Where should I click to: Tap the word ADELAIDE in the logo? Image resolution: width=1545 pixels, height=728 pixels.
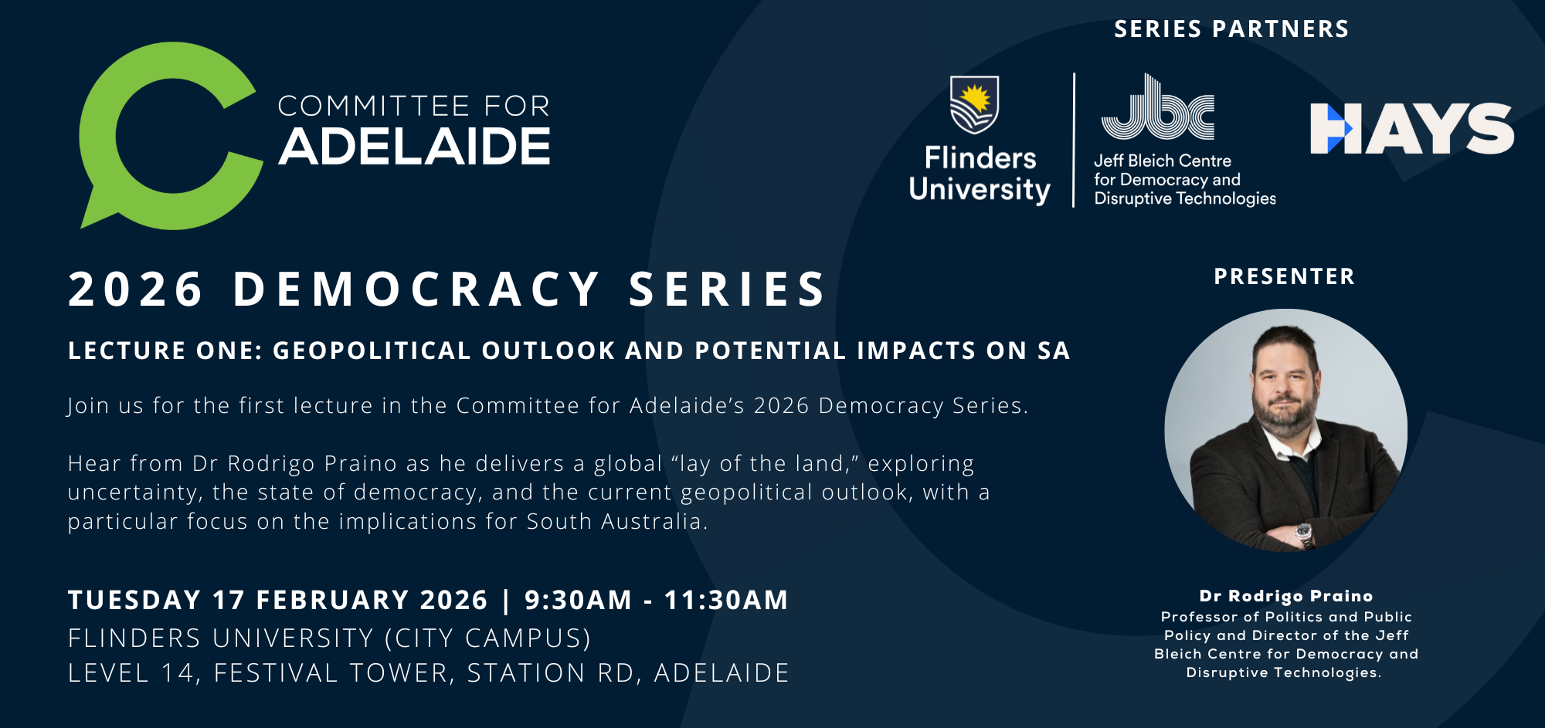coord(415,147)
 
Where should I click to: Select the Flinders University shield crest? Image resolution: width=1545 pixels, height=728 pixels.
coord(974,105)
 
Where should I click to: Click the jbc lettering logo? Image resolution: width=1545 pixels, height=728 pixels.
coord(1157,108)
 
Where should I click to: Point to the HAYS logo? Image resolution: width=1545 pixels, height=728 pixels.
coord(1411,128)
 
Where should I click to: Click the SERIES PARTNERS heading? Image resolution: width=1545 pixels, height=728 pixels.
coord(1231,29)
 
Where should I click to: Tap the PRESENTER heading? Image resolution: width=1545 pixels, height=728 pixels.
coord(1284,276)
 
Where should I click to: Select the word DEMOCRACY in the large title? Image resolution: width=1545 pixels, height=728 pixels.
coord(417,290)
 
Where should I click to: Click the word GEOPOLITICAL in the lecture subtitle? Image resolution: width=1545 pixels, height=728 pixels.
coord(372,350)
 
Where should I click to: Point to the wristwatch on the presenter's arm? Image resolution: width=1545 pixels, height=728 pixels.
coord(1304,533)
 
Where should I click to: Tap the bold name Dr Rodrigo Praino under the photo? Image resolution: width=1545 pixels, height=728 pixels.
coord(1286,596)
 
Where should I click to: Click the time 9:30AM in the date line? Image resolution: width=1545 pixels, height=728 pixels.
coord(578,600)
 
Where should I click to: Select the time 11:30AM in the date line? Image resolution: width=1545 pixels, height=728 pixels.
coord(726,600)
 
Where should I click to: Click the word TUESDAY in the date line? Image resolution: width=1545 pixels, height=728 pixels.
coord(134,600)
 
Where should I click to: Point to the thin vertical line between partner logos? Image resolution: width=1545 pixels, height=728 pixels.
coord(1074,140)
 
